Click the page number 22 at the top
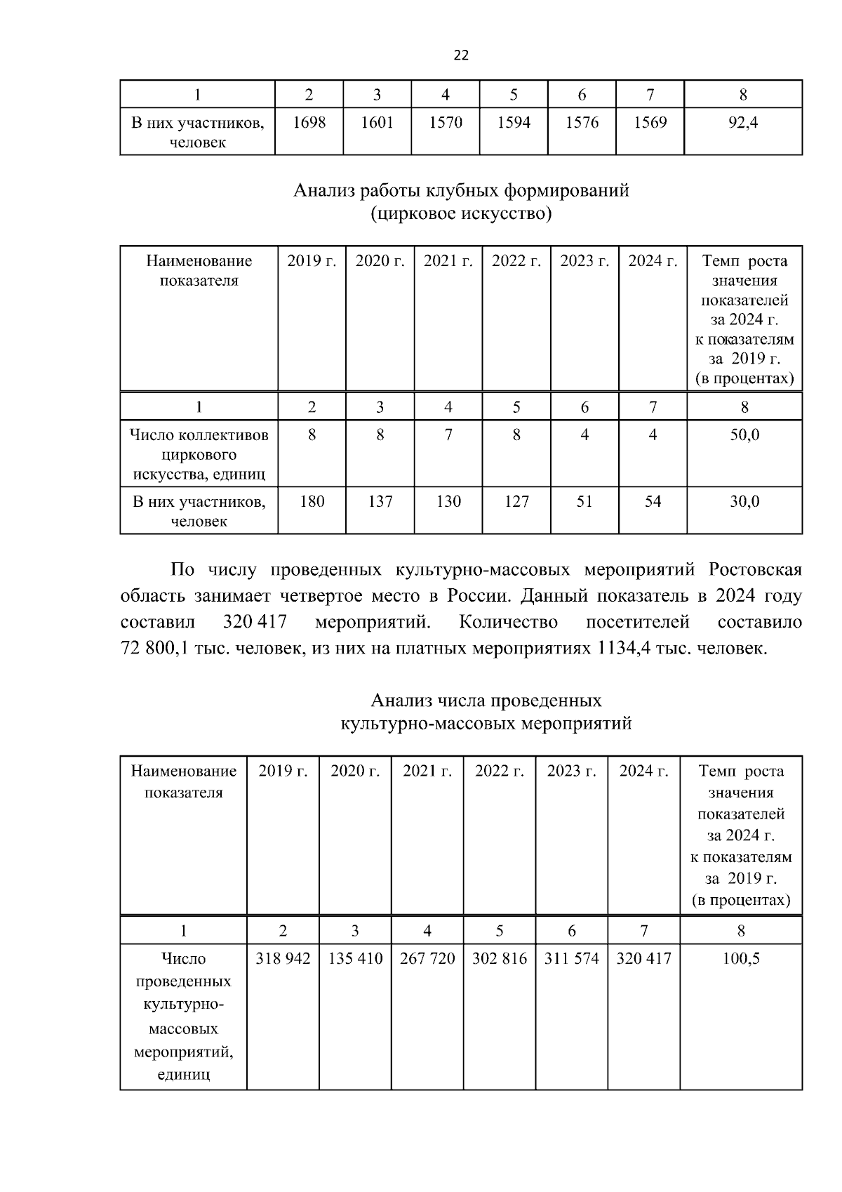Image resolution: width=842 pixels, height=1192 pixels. (461, 55)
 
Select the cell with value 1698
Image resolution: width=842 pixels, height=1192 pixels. (309, 123)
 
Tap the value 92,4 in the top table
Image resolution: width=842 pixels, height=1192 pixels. (742, 123)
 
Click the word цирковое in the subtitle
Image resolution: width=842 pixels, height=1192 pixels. (417, 213)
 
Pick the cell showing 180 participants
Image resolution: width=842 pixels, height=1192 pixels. (312, 501)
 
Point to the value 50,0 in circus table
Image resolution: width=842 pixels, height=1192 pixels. (744, 435)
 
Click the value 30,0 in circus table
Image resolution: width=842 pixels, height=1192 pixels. (744, 501)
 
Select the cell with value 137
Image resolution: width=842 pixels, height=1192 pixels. (380, 501)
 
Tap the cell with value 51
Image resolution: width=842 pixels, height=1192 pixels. (584, 501)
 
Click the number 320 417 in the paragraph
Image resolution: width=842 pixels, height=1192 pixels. (254, 622)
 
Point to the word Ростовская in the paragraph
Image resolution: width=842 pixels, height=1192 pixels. (754, 569)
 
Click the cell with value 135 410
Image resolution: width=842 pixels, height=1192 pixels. (355, 958)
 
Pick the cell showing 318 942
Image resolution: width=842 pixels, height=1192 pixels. (283, 958)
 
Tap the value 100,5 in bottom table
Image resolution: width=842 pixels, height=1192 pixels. (741, 958)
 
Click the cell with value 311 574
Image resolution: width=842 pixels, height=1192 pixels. (571, 958)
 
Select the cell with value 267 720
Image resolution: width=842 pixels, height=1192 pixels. (427, 958)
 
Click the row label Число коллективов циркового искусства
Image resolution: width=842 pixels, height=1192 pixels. (199, 454)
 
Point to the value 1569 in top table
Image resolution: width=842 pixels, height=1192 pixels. (650, 123)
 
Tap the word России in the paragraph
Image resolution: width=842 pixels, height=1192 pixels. (474, 596)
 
